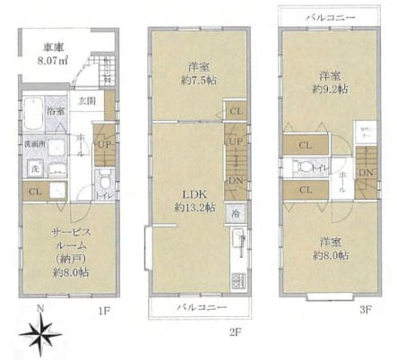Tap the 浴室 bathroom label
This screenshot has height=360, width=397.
56,111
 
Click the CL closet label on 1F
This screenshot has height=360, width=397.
34,190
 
